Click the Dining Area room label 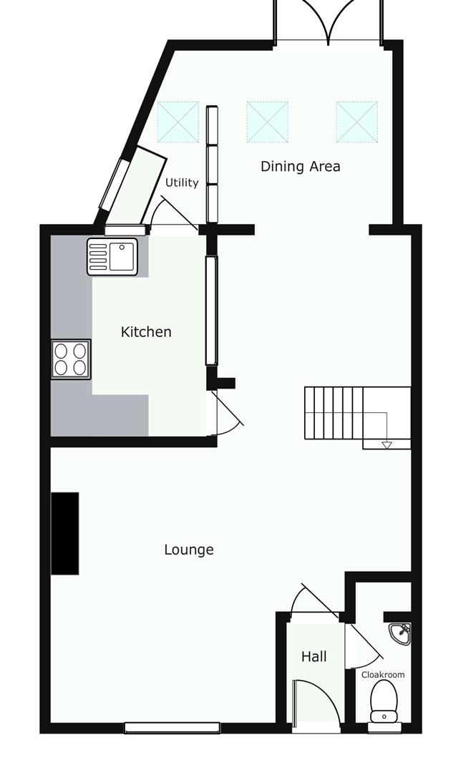pos(300,167)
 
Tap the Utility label pos(182,183)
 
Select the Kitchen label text pos(146,332)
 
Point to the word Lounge pos(189,550)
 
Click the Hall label pos(314,656)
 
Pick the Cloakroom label pos(383,675)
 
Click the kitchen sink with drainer pos(112,256)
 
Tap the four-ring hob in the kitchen pos(71,359)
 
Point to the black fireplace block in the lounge pos(65,533)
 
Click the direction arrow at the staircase pos(387,445)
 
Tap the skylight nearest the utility pos(178,122)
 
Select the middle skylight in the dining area pos(267,122)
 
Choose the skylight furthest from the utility pos(357,122)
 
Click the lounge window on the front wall pos(172,728)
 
